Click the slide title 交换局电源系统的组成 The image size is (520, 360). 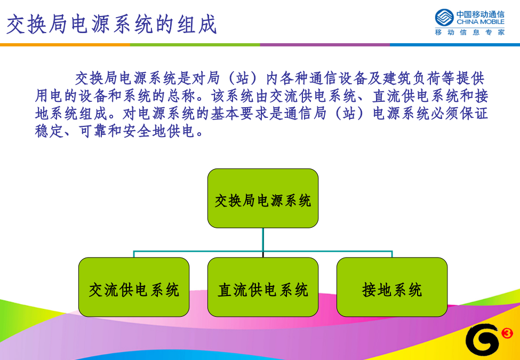point(112,24)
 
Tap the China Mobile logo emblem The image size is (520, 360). point(444,18)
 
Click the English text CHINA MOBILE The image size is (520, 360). point(480,22)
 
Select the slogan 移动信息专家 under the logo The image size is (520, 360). point(469,32)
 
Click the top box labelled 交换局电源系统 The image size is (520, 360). point(263,198)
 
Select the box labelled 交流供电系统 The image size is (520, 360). point(134,287)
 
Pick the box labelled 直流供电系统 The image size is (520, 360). point(263,287)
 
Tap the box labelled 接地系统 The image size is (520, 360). point(392,287)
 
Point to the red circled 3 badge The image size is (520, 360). point(507,333)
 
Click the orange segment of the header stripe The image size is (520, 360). point(65,45)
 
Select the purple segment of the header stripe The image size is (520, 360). point(325,45)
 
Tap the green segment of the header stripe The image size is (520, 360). point(195,45)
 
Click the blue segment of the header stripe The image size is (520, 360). point(455,45)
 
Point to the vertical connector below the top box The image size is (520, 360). point(263,243)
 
